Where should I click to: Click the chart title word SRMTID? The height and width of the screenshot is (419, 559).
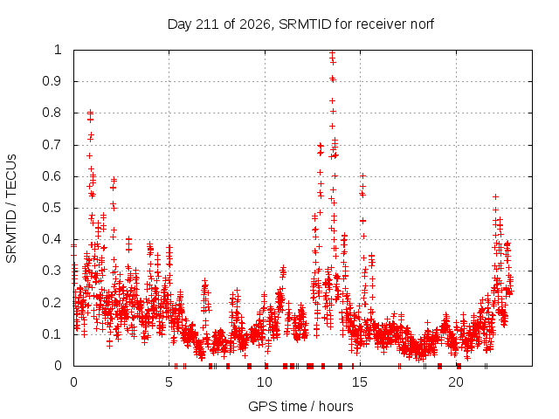(x=305, y=24)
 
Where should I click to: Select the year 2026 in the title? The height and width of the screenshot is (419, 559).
(x=255, y=24)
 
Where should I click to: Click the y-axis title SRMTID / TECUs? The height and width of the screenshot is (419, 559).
(x=11, y=209)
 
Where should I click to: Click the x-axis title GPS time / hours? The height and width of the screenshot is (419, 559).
(x=300, y=406)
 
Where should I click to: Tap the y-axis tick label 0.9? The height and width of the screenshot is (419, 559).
(x=52, y=81)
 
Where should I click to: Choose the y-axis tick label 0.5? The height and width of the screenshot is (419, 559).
(x=52, y=208)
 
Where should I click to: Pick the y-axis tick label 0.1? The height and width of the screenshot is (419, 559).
(x=52, y=334)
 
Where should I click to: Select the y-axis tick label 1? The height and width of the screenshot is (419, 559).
(x=58, y=50)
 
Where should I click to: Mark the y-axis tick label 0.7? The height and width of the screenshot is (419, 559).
(x=52, y=145)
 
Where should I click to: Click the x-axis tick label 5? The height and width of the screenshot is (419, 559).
(x=169, y=382)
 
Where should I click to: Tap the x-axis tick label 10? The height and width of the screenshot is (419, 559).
(x=265, y=382)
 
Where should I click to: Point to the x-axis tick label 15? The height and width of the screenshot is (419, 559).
(x=360, y=382)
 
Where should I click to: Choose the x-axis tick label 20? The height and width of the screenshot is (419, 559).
(x=456, y=382)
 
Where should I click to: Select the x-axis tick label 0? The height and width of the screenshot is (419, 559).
(x=73, y=382)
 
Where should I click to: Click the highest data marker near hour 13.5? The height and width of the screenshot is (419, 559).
(x=332, y=53)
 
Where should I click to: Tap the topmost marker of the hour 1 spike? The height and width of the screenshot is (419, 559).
(x=90, y=113)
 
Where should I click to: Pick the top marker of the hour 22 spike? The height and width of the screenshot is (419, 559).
(x=495, y=196)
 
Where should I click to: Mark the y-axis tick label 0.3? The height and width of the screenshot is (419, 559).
(x=52, y=271)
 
